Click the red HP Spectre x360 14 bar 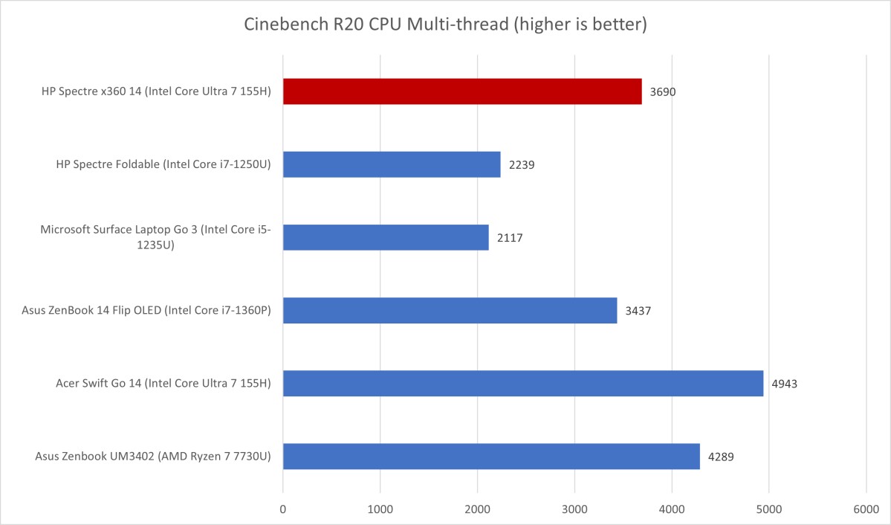pyautogui.click(x=461, y=91)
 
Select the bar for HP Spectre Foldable pyautogui.click(x=392, y=164)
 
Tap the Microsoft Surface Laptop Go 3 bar pyautogui.click(x=386, y=237)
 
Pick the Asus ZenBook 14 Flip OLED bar pyautogui.click(x=450, y=310)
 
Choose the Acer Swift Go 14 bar pyautogui.click(x=522, y=383)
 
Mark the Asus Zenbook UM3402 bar pyautogui.click(x=491, y=456)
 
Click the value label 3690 pyautogui.click(x=663, y=92)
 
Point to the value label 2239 pyautogui.click(x=522, y=165)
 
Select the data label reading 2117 pyautogui.click(x=510, y=238)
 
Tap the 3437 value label pyautogui.click(x=638, y=311)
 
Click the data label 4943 pyautogui.click(x=785, y=384)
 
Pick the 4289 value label pyautogui.click(x=721, y=457)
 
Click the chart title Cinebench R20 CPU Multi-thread pyautogui.click(x=446, y=25)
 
